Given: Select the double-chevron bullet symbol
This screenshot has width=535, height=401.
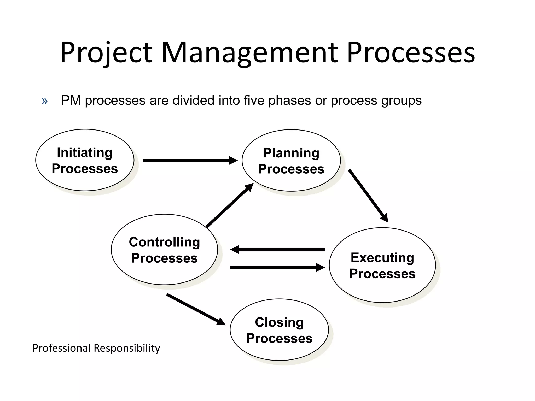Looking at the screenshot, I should click(x=45, y=101).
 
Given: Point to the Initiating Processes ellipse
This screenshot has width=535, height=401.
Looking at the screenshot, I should click(x=85, y=160).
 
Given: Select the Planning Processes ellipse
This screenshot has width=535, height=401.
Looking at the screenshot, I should click(x=291, y=161).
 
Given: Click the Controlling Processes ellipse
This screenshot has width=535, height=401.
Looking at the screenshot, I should click(x=164, y=250).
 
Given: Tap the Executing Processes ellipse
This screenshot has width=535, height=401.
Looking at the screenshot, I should click(x=382, y=265).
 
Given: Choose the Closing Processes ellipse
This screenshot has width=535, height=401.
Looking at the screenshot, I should click(x=279, y=330).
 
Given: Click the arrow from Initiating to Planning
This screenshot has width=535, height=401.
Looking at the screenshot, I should click(x=190, y=160).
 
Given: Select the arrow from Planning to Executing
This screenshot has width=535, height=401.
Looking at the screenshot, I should click(x=368, y=196).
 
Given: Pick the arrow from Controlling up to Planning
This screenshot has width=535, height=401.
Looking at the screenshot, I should click(x=229, y=205).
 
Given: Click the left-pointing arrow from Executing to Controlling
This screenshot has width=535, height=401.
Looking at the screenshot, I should click(x=277, y=250).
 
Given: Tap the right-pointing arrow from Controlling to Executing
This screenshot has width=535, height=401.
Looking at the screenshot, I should click(x=277, y=267).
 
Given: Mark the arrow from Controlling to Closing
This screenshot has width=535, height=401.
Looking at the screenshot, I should click(x=196, y=309).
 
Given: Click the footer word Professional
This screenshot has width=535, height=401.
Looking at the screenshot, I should click(x=61, y=348).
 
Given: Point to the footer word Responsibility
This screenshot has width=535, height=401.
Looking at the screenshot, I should click(x=127, y=348).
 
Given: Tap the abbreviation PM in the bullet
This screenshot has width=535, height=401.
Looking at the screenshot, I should click(x=71, y=100).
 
